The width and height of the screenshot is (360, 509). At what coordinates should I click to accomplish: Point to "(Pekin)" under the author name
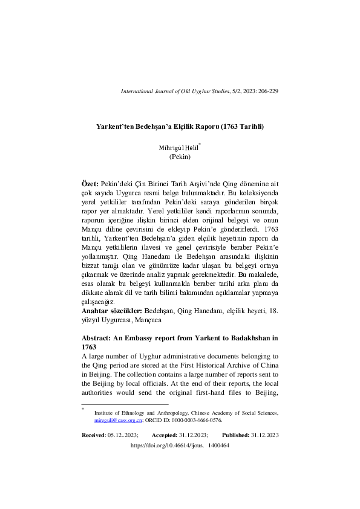(180, 157)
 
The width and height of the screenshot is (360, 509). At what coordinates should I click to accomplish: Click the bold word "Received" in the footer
(93, 435)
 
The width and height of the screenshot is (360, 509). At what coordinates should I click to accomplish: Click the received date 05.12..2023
(122, 435)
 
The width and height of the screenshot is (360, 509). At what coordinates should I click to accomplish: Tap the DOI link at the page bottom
(180, 445)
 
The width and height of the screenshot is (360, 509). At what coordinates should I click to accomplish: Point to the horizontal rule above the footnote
(125, 404)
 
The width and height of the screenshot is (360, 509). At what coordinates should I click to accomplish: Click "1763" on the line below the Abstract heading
(89, 348)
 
